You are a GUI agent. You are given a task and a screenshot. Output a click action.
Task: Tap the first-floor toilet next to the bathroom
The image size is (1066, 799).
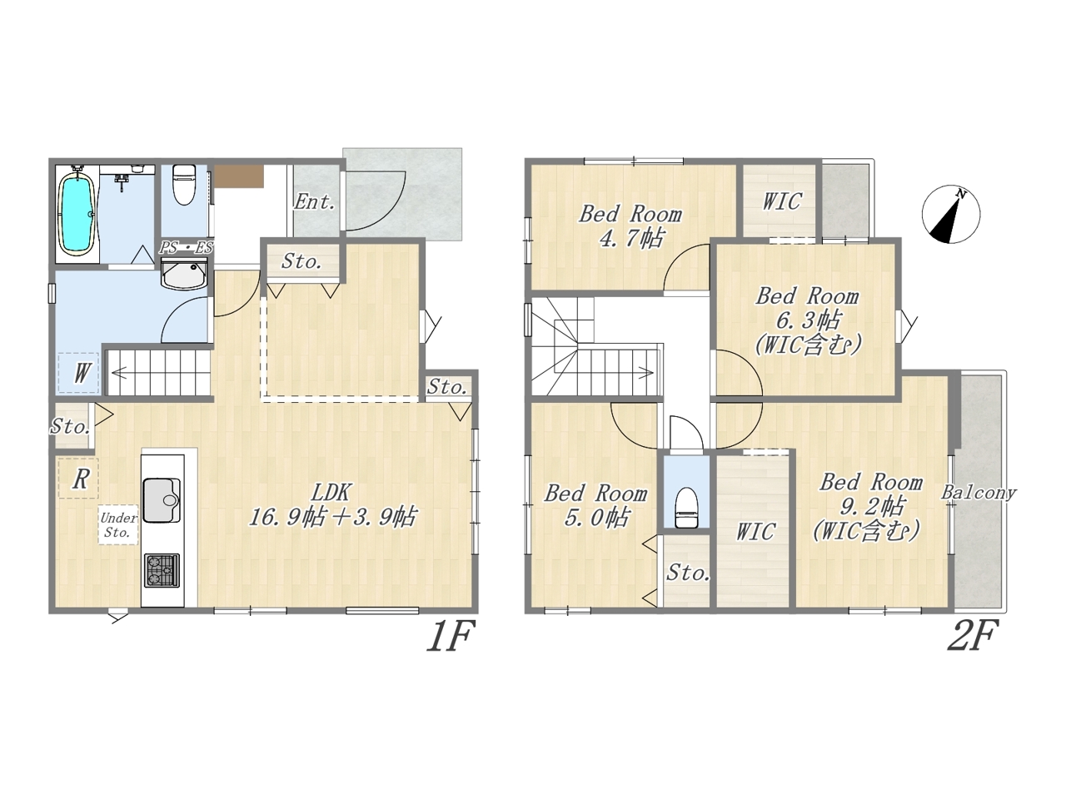coord(183,185)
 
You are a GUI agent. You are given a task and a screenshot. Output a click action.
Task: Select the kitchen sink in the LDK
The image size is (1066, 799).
coord(162,500)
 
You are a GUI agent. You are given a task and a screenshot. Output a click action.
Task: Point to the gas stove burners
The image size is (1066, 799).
coord(162,571)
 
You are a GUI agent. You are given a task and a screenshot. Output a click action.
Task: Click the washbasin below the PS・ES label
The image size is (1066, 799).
coord(184,273)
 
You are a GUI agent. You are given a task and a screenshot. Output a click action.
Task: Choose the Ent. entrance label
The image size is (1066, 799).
coord(314,201)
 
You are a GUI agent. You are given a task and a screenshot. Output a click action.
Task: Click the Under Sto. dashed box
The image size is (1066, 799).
coord(118,525)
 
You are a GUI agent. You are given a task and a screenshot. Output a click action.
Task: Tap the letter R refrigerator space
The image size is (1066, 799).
coord(81,479)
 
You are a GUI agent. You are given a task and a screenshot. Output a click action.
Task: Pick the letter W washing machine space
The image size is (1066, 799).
coord(82,374)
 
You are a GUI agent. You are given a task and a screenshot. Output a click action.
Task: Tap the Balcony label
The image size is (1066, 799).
coord(979,493)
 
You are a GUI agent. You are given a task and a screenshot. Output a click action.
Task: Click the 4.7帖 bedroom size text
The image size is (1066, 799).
coord(631,238)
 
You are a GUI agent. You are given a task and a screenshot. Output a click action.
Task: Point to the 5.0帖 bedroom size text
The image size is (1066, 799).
coord(597,517)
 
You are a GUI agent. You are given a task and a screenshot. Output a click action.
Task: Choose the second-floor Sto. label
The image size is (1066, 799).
coord(688,573)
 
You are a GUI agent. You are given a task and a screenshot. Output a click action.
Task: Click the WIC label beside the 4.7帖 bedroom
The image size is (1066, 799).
coord(781,201)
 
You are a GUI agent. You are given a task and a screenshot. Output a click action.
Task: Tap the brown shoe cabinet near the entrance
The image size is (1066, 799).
coord(239,176)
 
